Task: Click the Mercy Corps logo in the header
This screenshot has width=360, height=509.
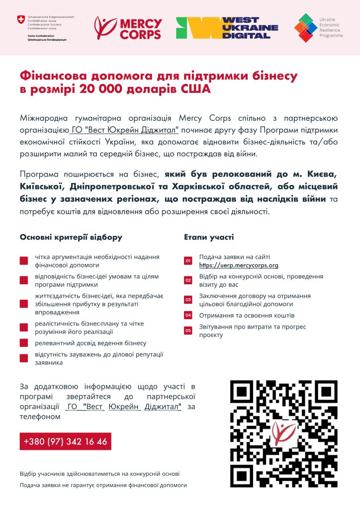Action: pos(128,28)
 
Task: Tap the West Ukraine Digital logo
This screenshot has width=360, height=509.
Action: pos(227,28)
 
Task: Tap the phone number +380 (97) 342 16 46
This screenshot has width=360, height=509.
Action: pos(65,441)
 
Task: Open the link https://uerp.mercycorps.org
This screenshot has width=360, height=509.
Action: pos(239,265)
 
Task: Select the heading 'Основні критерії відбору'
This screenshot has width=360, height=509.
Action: pos(71,237)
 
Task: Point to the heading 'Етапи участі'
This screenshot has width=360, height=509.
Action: pos(209,237)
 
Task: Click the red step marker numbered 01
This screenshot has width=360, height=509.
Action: pos(188,261)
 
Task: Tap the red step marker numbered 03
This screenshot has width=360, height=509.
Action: pos(188,300)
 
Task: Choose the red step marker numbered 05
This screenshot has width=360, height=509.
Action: pos(188,331)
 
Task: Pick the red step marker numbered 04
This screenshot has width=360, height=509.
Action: pos(188,315)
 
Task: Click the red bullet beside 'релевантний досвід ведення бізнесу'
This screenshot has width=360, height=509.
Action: pos(24,343)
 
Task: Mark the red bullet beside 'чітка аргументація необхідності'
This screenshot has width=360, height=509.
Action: pos(24,261)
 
